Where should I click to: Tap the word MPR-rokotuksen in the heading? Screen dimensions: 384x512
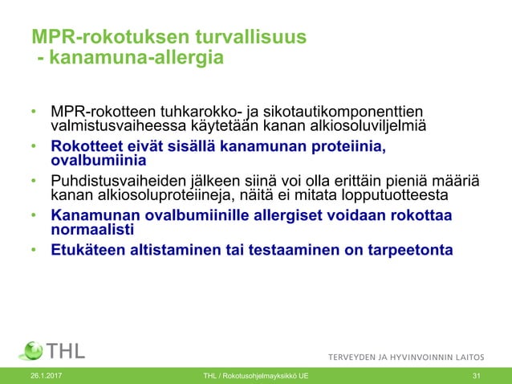100,38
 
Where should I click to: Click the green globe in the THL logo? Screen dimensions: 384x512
32,350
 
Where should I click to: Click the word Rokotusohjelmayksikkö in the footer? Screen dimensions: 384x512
261,377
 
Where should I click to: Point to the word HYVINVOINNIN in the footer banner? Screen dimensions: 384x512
421,356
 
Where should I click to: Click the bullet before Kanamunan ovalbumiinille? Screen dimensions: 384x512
34,215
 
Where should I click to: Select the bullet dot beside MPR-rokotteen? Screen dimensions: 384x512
34,111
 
